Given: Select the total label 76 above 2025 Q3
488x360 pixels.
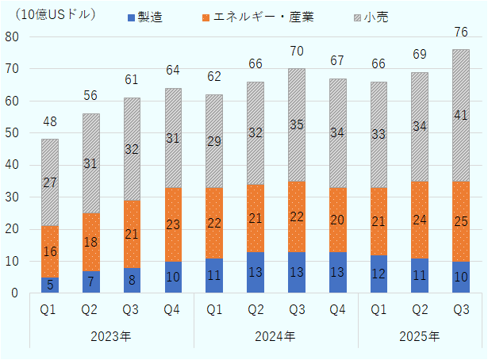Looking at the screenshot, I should pyautogui.click(x=461, y=32).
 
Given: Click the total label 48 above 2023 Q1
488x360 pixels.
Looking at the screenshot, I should pyautogui.click(x=50, y=122).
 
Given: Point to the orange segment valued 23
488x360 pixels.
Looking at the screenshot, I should pyautogui.click(x=173, y=224).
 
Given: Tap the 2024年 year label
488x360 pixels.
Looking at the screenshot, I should pyautogui.click(x=276, y=336).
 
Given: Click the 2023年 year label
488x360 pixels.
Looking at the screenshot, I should pyautogui.click(x=112, y=336).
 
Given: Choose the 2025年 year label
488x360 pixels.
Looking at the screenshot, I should pyautogui.click(x=420, y=336).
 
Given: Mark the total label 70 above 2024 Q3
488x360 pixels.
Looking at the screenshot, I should pyautogui.click(x=297, y=51).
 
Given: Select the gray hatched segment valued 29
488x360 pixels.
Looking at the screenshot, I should pyautogui.click(x=214, y=140).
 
